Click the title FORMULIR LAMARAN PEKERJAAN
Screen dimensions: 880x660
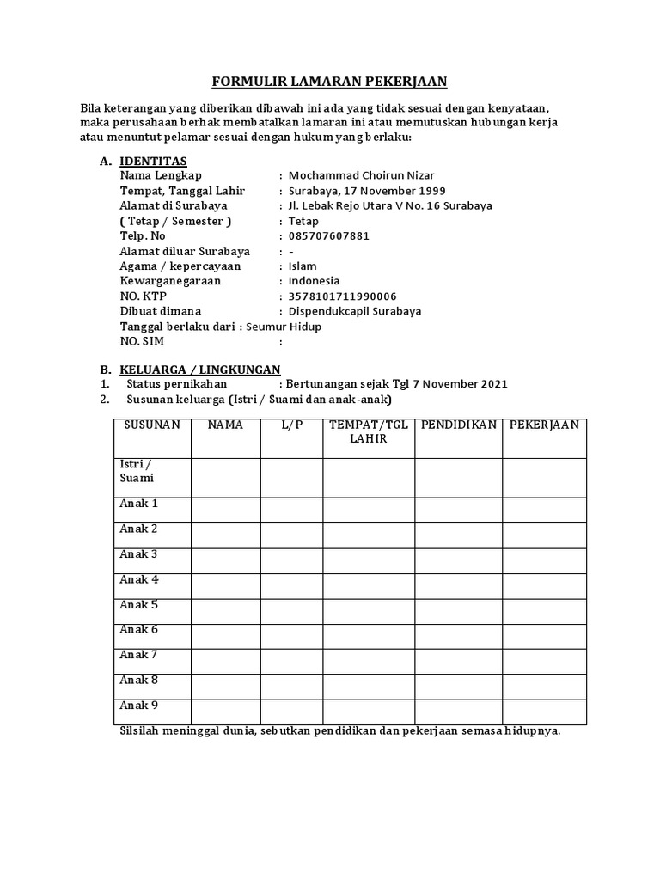[330, 82]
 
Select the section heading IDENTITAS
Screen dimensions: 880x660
[153, 161]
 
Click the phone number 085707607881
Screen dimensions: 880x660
[328, 235]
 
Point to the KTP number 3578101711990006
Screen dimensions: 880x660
[342, 296]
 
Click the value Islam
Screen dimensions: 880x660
[302, 266]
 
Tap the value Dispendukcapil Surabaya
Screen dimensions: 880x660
[355, 311]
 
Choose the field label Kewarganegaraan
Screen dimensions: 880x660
[170, 281]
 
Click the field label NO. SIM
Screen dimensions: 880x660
[142, 341]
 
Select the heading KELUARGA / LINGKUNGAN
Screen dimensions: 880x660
[200, 370]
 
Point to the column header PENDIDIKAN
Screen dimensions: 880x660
[459, 425]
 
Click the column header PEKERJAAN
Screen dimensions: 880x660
[544, 425]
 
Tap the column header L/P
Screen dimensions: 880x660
[291, 425]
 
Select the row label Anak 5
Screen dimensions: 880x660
[139, 605]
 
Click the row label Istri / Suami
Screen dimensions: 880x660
[137, 471]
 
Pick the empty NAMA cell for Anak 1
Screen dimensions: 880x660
[225, 510]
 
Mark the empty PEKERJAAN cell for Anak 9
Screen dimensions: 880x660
[544, 712]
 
